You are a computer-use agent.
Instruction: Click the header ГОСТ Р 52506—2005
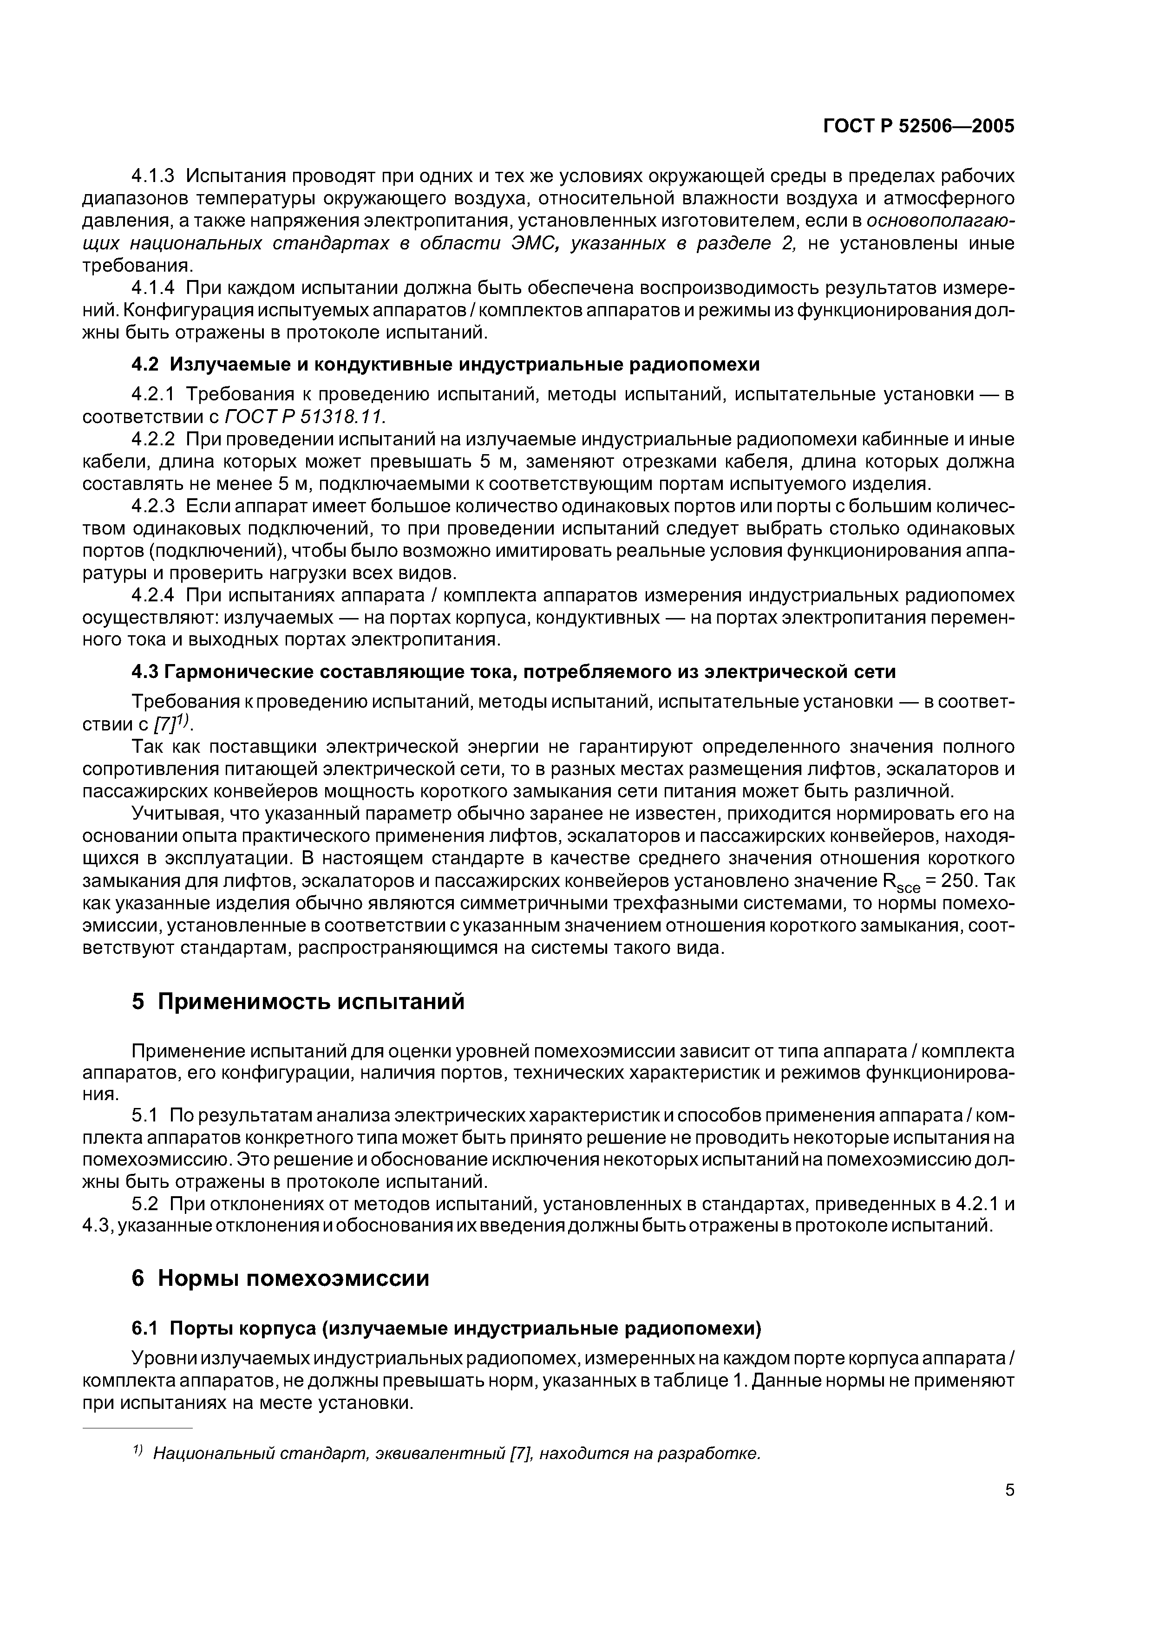(x=918, y=126)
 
